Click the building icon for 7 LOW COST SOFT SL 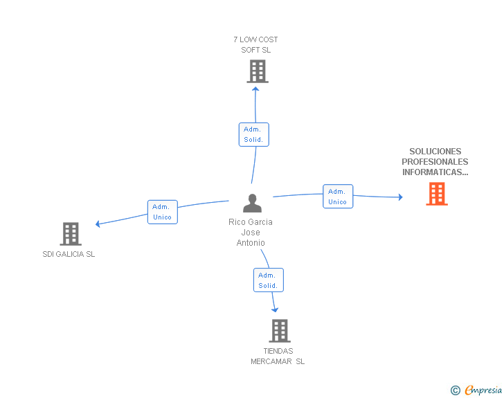257,71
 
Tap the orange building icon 436,195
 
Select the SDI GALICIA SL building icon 71,234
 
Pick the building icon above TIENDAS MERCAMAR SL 279,331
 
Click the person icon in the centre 252,203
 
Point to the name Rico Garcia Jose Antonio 251,233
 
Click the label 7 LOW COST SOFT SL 256,44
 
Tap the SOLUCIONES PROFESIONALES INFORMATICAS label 435,162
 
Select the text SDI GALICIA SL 69,254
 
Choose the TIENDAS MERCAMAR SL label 278,356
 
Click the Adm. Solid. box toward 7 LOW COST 253,134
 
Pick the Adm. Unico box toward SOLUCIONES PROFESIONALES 337,197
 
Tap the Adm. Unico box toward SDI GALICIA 162,212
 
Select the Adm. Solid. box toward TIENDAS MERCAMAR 268,280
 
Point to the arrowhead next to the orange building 399,197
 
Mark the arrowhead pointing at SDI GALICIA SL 98,224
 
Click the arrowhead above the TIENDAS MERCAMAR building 275,309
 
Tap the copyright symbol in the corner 455,390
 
